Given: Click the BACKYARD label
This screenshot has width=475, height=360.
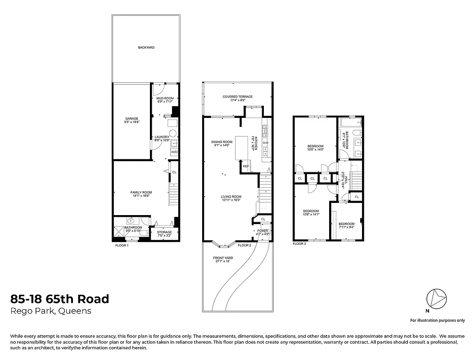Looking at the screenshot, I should tap(146, 47).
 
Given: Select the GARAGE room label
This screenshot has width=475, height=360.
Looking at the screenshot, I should tap(131, 118).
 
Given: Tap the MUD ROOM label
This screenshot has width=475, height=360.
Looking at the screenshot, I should tap(165, 98).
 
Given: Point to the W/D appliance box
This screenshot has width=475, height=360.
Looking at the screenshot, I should tap(174, 152).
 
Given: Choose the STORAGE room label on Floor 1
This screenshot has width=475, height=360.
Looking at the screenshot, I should tap(164, 232).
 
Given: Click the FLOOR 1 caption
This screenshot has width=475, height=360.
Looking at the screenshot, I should tap(122, 245).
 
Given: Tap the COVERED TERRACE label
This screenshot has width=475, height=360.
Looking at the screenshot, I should tap(237, 97).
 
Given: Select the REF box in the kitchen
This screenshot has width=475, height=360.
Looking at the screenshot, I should tap(246, 166).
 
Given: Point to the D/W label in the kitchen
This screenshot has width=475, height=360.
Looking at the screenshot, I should tap(266, 143).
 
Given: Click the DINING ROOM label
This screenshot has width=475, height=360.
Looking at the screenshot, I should tap(221, 142).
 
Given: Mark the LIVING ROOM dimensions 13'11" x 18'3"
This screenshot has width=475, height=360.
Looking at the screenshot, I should tap(231, 200).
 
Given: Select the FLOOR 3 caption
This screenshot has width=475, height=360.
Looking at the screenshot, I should tap(299, 243).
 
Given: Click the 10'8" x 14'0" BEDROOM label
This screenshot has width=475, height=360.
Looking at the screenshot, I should tap(316, 146).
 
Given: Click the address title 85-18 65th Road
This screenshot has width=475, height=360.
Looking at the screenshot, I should tap(59, 299).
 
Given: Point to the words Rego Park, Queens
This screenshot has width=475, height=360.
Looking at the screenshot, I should tap(50, 311).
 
